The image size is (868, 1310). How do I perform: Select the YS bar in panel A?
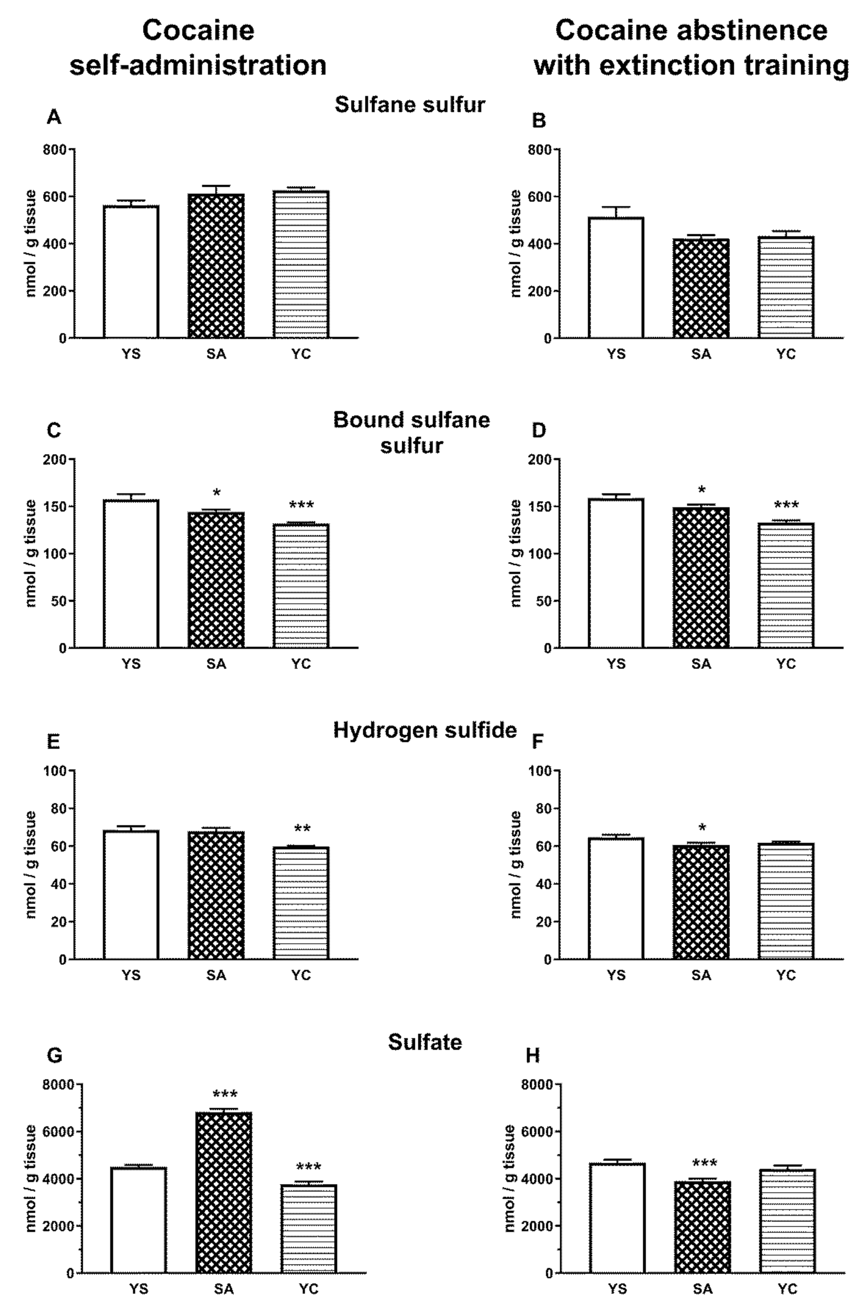coord(131,271)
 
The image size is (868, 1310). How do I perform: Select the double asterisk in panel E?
coord(302,829)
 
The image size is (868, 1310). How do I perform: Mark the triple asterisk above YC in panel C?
coord(301,505)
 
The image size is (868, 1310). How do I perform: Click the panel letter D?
coord(538,431)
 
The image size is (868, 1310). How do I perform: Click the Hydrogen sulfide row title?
coord(424,731)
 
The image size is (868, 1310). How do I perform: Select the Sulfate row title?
coord(424,1042)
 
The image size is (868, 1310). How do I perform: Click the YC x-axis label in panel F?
coord(786,975)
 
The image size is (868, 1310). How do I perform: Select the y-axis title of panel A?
coord(31,243)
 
